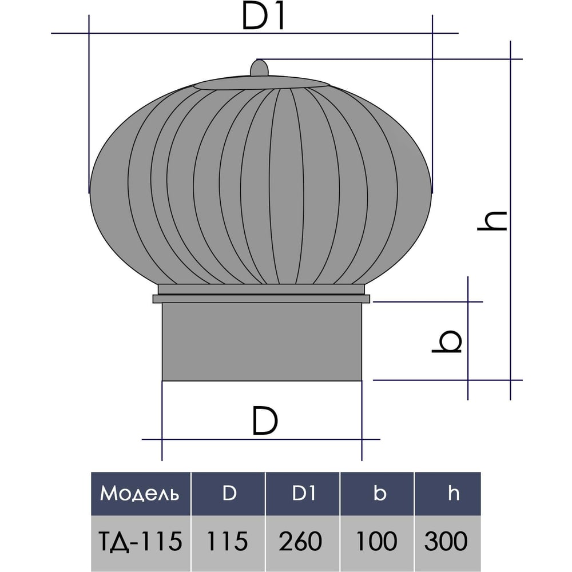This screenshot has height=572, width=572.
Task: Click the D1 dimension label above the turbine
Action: coord(263,18)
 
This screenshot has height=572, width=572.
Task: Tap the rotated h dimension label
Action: coord(492,221)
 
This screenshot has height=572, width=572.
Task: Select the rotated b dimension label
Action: coord(447,341)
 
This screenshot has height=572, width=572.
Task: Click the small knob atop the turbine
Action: coord(259,68)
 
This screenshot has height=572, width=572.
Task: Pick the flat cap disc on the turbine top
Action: coord(261,83)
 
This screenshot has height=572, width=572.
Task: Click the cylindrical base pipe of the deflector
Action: coord(262,342)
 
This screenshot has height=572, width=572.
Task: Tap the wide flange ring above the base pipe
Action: coord(261,299)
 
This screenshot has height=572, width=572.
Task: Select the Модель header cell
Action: coord(141,494)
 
